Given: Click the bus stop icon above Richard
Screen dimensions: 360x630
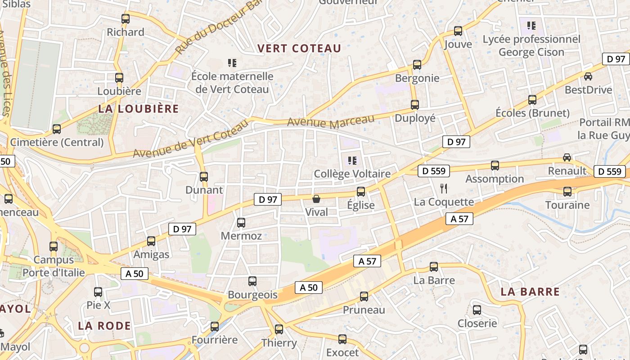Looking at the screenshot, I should click(126, 19).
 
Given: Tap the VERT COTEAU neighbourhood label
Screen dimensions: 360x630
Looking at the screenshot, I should click(299, 48).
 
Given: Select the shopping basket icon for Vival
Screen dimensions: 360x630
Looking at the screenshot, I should click(316, 199).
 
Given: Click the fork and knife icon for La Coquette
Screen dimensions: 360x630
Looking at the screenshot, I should click(444, 188).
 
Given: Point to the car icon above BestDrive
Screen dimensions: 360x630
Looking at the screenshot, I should click(588, 76).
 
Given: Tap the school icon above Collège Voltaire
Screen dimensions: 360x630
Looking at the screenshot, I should click(352, 160).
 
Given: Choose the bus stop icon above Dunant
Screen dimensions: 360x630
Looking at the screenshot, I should click(204, 177).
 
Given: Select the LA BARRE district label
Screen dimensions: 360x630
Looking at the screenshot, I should click(530, 292).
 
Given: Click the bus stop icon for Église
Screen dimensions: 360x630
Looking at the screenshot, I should click(361, 192).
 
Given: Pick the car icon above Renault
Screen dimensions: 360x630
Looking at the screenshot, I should click(567, 157).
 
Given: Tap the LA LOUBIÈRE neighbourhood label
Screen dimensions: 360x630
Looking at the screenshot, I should click(139, 109).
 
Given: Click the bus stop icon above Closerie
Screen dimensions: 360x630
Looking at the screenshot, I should click(477, 310).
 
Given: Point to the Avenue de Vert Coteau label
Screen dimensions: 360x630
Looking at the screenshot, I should click(190, 139).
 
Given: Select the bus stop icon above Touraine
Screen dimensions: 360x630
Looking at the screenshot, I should click(567, 192).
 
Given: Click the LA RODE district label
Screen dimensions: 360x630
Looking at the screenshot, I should click(104, 326).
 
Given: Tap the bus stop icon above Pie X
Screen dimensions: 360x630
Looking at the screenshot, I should click(98, 292).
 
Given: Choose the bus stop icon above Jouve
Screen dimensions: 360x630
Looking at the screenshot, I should click(458, 31).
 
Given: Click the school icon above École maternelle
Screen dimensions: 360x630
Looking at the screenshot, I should click(232, 63).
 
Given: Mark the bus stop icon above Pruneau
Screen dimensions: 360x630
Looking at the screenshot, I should click(364, 297).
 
